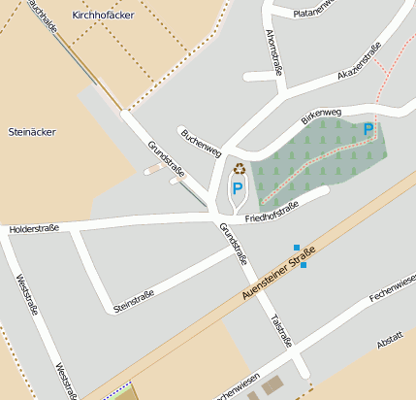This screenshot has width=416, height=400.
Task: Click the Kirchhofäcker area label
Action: pyautogui.click(x=104, y=16)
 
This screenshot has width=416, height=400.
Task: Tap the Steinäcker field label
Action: pyautogui.click(x=30, y=130)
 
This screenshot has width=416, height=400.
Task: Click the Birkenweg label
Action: pyautogui.click(x=320, y=116)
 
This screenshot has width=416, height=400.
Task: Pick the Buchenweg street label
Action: pyautogui.click(x=201, y=142)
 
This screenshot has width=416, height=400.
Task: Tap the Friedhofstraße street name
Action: pyautogui.click(x=272, y=212)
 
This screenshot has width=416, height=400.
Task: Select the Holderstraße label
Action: pyautogui.click(x=34, y=228)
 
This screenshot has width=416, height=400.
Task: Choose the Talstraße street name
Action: pyautogui.click(x=281, y=331)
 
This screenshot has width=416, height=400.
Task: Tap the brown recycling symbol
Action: pyautogui.click(x=239, y=169)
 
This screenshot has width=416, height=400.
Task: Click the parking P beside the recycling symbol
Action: pyautogui.click(x=237, y=188)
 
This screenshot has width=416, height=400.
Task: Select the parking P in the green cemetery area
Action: pyautogui.click(x=368, y=129)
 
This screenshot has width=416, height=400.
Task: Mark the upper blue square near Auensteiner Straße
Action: pyautogui.click(x=297, y=248)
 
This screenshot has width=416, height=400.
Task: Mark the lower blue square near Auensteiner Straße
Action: pyautogui.click(x=304, y=265)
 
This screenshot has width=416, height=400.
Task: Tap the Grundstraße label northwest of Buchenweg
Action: pyautogui.click(x=166, y=159)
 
